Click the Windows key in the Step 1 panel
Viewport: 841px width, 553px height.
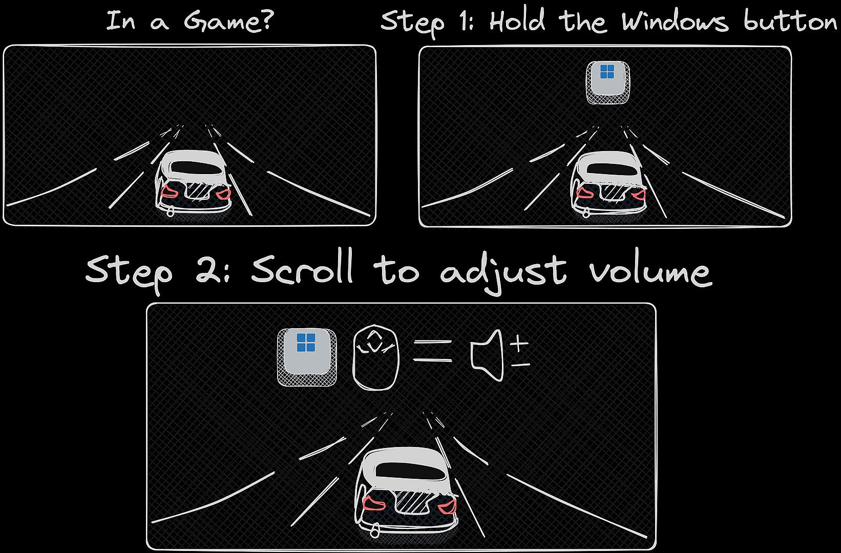608,82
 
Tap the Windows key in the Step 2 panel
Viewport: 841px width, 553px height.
307,357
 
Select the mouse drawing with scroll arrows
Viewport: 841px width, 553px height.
375,357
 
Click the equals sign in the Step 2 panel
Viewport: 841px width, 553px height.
432,351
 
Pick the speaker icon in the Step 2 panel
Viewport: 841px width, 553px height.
487,355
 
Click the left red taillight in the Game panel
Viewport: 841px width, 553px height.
170,192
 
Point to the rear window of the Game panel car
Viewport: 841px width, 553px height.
197,168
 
